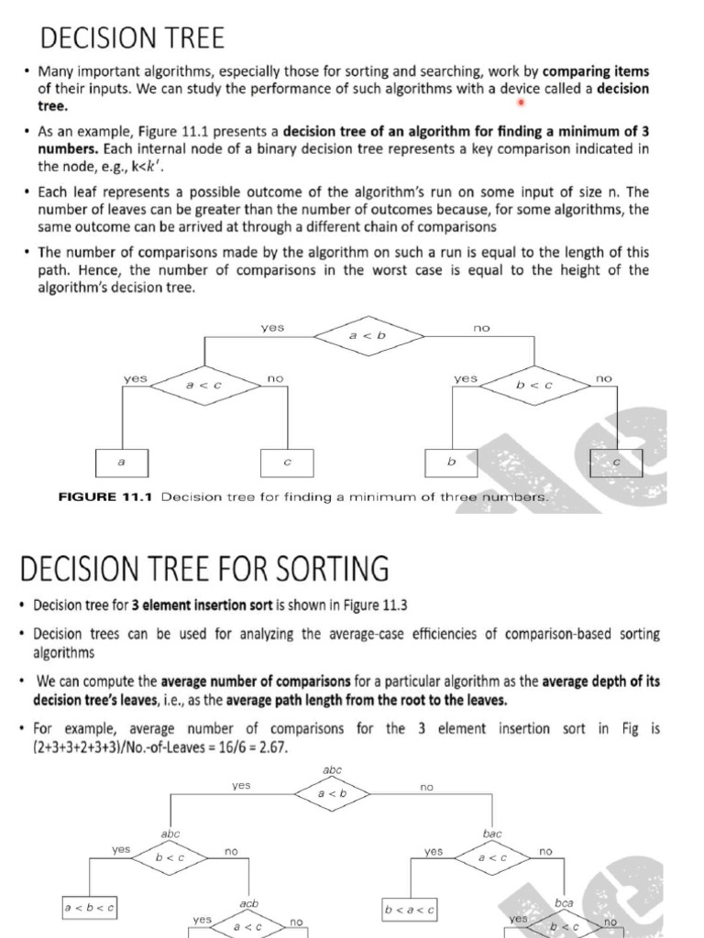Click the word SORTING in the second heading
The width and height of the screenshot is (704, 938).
328,569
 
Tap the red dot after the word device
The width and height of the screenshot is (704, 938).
519,102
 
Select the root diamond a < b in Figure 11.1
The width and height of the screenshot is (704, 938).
368,336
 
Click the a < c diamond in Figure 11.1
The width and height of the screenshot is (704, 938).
203,386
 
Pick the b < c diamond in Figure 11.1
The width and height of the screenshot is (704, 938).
533,386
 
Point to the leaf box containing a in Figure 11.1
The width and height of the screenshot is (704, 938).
121,463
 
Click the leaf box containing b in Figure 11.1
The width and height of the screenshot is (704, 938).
450,463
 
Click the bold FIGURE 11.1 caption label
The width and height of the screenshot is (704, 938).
106,496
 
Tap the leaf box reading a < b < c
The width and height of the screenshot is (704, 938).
90,908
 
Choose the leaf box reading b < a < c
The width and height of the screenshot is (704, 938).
410,910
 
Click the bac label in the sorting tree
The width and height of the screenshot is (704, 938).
492,834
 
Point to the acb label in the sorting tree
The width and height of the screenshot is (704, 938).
248,903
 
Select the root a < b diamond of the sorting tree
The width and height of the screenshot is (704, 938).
332,793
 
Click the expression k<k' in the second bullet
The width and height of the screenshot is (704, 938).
114,167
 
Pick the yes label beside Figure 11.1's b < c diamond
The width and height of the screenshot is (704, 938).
466,377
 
